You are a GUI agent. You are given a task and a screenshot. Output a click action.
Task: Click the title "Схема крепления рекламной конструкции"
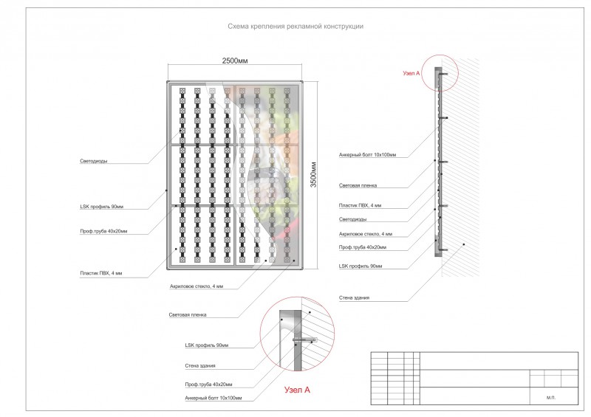coord(295,26)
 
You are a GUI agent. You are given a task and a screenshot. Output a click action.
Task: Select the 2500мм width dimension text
coord(236,62)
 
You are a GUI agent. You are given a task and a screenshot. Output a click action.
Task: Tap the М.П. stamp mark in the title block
coord(550,397)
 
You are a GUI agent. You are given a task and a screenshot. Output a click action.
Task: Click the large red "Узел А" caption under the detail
coord(297,389)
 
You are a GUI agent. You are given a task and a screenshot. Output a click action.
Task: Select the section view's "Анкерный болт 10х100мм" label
coord(367,156)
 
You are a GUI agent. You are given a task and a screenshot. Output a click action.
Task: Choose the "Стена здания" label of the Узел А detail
coord(199,365)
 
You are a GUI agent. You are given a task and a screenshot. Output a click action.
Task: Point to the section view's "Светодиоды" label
coord(352,219)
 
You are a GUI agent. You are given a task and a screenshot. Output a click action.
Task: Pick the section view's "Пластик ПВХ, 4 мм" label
coord(360,204)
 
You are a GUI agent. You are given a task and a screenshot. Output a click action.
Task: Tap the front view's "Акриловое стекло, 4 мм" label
coord(196,286)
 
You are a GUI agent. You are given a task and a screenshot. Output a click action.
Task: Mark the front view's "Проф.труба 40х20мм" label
coord(103,231)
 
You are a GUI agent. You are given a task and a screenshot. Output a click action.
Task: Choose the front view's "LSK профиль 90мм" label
coord(101,207)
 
